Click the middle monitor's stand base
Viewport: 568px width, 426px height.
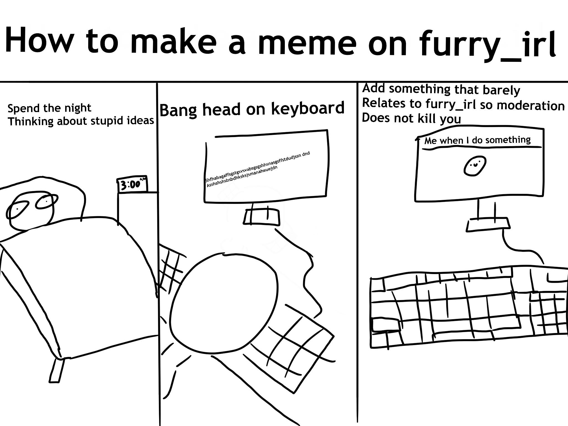(261, 216)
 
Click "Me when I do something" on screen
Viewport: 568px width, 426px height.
(477, 140)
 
